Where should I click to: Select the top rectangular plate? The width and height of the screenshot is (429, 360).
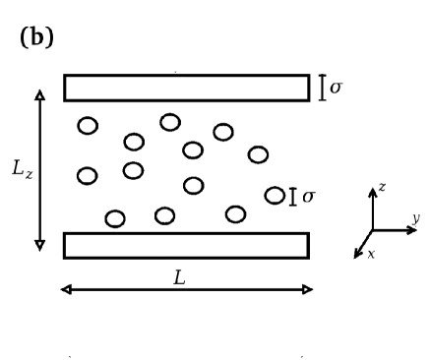click(x=186, y=88)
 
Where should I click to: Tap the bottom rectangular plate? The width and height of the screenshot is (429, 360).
click(x=186, y=245)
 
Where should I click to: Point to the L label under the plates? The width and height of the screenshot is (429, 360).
click(x=179, y=277)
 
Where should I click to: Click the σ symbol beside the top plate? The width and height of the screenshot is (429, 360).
click(x=336, y=88)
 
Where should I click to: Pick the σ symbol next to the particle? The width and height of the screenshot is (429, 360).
click(x=309, y=197)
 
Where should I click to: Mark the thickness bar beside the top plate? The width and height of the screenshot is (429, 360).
click(x=323, y=88)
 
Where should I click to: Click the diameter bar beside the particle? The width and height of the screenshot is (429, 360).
click(x=293, y=197)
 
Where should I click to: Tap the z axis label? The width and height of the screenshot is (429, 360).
click(x=381, y=187)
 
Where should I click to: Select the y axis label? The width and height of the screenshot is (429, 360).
click(x=415, y=217)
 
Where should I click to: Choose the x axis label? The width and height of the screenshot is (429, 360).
click(x=369, y=254)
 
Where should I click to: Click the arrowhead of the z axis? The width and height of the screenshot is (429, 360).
click(x=372, y=189)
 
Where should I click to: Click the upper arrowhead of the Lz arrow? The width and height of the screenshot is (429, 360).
click(x=40, y=92)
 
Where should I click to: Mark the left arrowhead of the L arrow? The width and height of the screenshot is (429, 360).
click(x=65, y=289)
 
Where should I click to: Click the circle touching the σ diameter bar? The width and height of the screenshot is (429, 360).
click(x=275, y=196)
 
